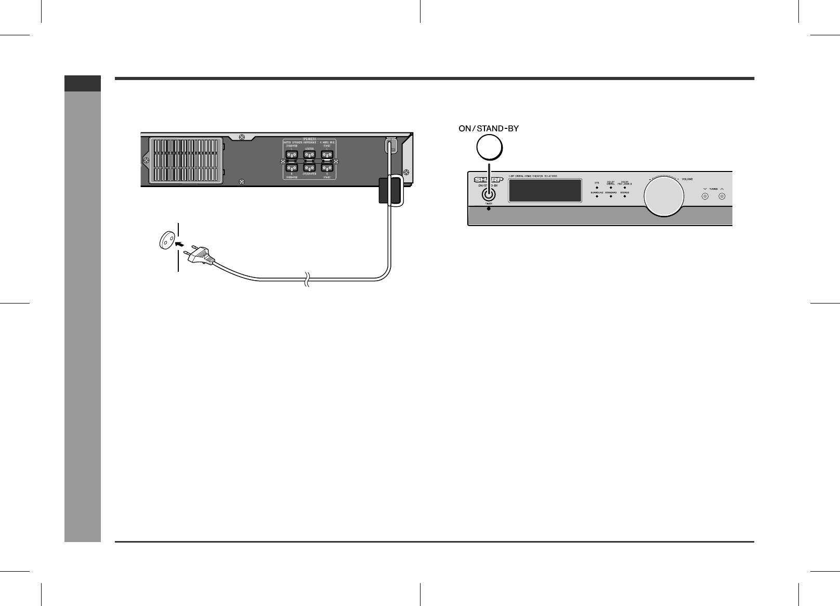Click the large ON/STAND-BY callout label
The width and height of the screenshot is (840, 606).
(489, 128)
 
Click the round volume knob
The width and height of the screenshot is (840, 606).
(663, 196)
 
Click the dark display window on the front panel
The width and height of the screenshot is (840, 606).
(545, 191)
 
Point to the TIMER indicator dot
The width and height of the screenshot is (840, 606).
(488, 208)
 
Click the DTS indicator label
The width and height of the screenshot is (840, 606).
(597, 182)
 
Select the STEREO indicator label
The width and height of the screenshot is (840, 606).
(625, 193)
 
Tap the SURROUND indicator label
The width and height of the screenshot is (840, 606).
(597, 193)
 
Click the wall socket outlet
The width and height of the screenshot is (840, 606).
(166, 241)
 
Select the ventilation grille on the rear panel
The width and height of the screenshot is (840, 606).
(187, 160)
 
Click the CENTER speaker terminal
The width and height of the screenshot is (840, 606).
(310, 155)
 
